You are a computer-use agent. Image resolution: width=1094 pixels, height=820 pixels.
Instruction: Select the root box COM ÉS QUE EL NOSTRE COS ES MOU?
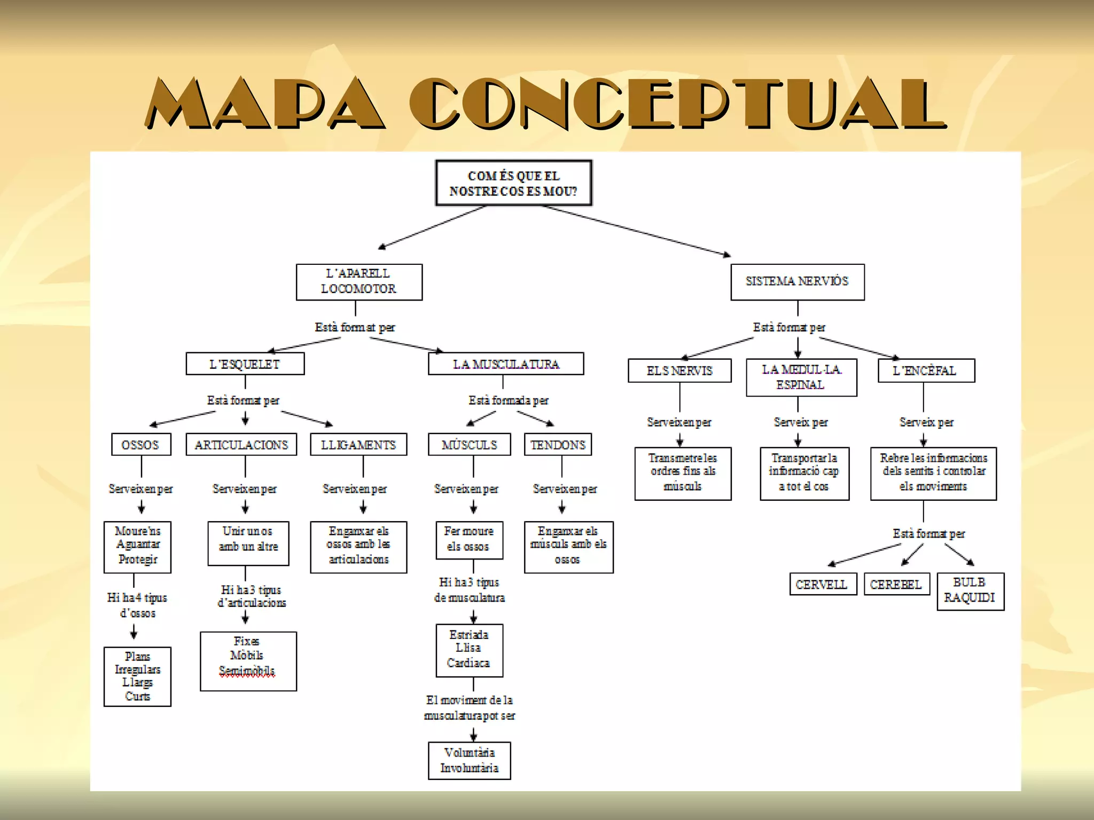(513, 183)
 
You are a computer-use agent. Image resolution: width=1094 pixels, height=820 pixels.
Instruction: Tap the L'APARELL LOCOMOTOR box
(359, 282)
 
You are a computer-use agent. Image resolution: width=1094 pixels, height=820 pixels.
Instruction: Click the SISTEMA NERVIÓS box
(797, 282)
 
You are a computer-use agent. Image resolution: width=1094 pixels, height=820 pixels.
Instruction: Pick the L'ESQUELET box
(245, 364)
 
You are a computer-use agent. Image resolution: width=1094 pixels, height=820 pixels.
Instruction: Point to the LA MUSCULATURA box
(505, 364)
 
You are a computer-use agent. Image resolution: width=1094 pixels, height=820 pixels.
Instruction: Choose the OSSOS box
(141, 445)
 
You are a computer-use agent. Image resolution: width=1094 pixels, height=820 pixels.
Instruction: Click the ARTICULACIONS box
(241, 445)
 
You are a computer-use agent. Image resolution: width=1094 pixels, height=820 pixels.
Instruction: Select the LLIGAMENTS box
(358, 445)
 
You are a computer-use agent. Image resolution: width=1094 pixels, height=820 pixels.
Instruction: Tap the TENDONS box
(558, 445)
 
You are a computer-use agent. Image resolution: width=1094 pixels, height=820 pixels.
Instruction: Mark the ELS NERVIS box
(679, 371)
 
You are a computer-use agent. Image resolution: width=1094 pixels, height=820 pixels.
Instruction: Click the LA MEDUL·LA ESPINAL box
(801, 377)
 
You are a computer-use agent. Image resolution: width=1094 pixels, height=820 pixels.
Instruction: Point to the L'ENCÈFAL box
(926, 371)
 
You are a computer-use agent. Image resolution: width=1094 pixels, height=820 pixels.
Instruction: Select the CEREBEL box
(896, 585)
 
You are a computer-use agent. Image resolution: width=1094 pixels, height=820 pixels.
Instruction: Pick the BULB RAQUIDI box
(970, 591)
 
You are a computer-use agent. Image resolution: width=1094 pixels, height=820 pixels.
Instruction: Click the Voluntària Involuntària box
(469, 761)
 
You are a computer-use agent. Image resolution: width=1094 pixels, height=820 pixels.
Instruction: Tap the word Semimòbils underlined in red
(247, 671)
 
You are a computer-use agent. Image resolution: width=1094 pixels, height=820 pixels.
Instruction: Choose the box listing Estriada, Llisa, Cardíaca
(469, 650)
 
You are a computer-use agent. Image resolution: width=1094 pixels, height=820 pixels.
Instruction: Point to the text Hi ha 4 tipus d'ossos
(137, 605)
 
